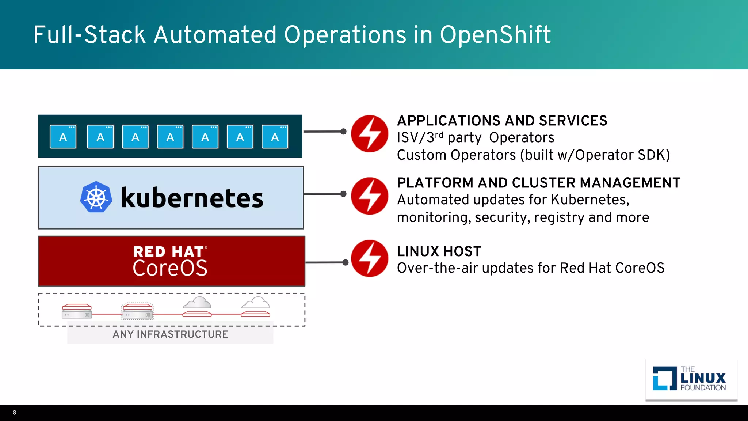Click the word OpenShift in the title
tap(495, 35)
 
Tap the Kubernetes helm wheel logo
tap(96, 197)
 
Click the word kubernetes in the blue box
tap(192, 198)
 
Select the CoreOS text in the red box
tap(170, 268)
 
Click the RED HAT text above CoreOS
tap(168, 252)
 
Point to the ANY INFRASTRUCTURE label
tap(170, 334)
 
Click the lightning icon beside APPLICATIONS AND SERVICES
tap(369, 134)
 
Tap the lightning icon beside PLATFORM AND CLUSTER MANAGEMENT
tap(369, 196)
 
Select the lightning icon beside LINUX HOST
tap(369, 258)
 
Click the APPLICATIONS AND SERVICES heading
tap(502, 121)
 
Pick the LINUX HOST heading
tap(439, 251)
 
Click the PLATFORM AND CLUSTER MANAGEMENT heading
tap(538, 183)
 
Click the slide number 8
tap(14, 413)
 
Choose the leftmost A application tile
tap(63, 137)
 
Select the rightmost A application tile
tap(275, 137)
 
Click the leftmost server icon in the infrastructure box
tap(77, 311)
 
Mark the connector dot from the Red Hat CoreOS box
tap(346, 262)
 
